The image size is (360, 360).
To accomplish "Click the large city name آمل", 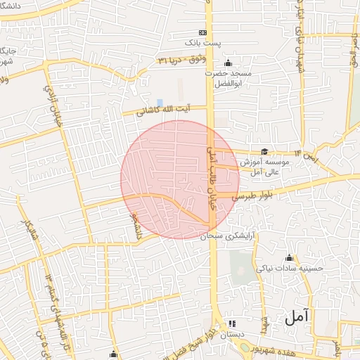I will (297, 317).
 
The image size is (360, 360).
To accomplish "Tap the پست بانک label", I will (221, 44).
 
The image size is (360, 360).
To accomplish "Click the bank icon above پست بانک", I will (203, 32).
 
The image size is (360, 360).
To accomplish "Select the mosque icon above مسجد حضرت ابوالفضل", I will (229, 63).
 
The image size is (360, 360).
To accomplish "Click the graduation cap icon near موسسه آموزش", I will (264, 151).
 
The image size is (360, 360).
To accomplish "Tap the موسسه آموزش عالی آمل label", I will (264, 166).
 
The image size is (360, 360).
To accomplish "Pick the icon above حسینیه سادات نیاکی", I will (289, 257).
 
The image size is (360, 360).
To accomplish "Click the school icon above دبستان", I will (232, 324).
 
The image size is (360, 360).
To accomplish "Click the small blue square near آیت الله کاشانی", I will (160, 103).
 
